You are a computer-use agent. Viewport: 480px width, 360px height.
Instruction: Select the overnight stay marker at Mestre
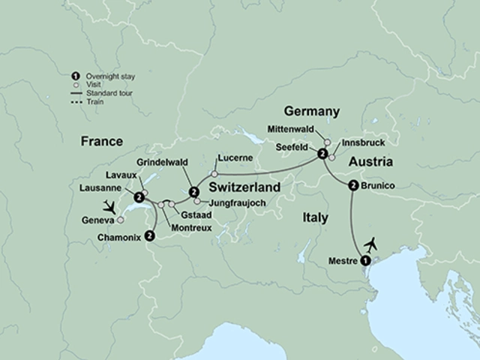pos(365,260)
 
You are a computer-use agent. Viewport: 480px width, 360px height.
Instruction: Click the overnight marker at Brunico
pos(352,186)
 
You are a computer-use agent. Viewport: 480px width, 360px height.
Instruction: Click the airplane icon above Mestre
pos(370,244)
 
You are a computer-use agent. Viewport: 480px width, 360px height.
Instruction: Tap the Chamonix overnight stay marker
pos(149,235)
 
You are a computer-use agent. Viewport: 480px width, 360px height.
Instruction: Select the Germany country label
pos(313,111)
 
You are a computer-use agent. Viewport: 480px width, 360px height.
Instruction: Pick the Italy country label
pos(314,217)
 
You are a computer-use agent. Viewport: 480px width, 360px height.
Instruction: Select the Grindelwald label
pos(162,161)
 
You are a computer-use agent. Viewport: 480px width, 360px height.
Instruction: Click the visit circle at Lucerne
pos(214,174)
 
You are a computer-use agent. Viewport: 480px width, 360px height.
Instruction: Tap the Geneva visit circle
pos(120,220)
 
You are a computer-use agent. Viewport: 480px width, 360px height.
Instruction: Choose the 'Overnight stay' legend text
pos(109,76)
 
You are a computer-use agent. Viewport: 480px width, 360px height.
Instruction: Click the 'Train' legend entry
pos(94,102)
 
